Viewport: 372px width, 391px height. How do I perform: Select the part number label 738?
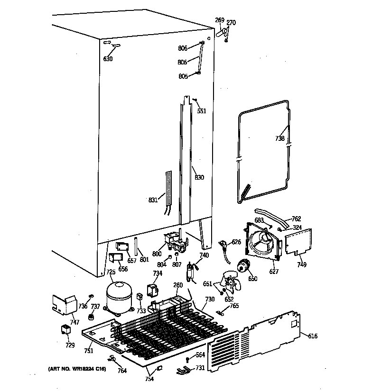tap(280, 138)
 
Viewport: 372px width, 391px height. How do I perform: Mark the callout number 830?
tap(199, 178)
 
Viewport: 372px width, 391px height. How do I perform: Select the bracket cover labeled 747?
tap(64, 303)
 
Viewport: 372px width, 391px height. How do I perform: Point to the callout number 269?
tap(220, 20)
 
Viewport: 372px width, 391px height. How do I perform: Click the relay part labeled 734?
tap(153, 290)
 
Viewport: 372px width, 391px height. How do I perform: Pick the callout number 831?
tap(153, 200)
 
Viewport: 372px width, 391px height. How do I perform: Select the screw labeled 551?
tap(195, 100)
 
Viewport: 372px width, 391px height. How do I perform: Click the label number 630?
tap(108, 59)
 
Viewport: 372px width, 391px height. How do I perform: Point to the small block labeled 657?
tap(123, 247)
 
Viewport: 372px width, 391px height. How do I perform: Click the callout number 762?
tap(297, 219)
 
